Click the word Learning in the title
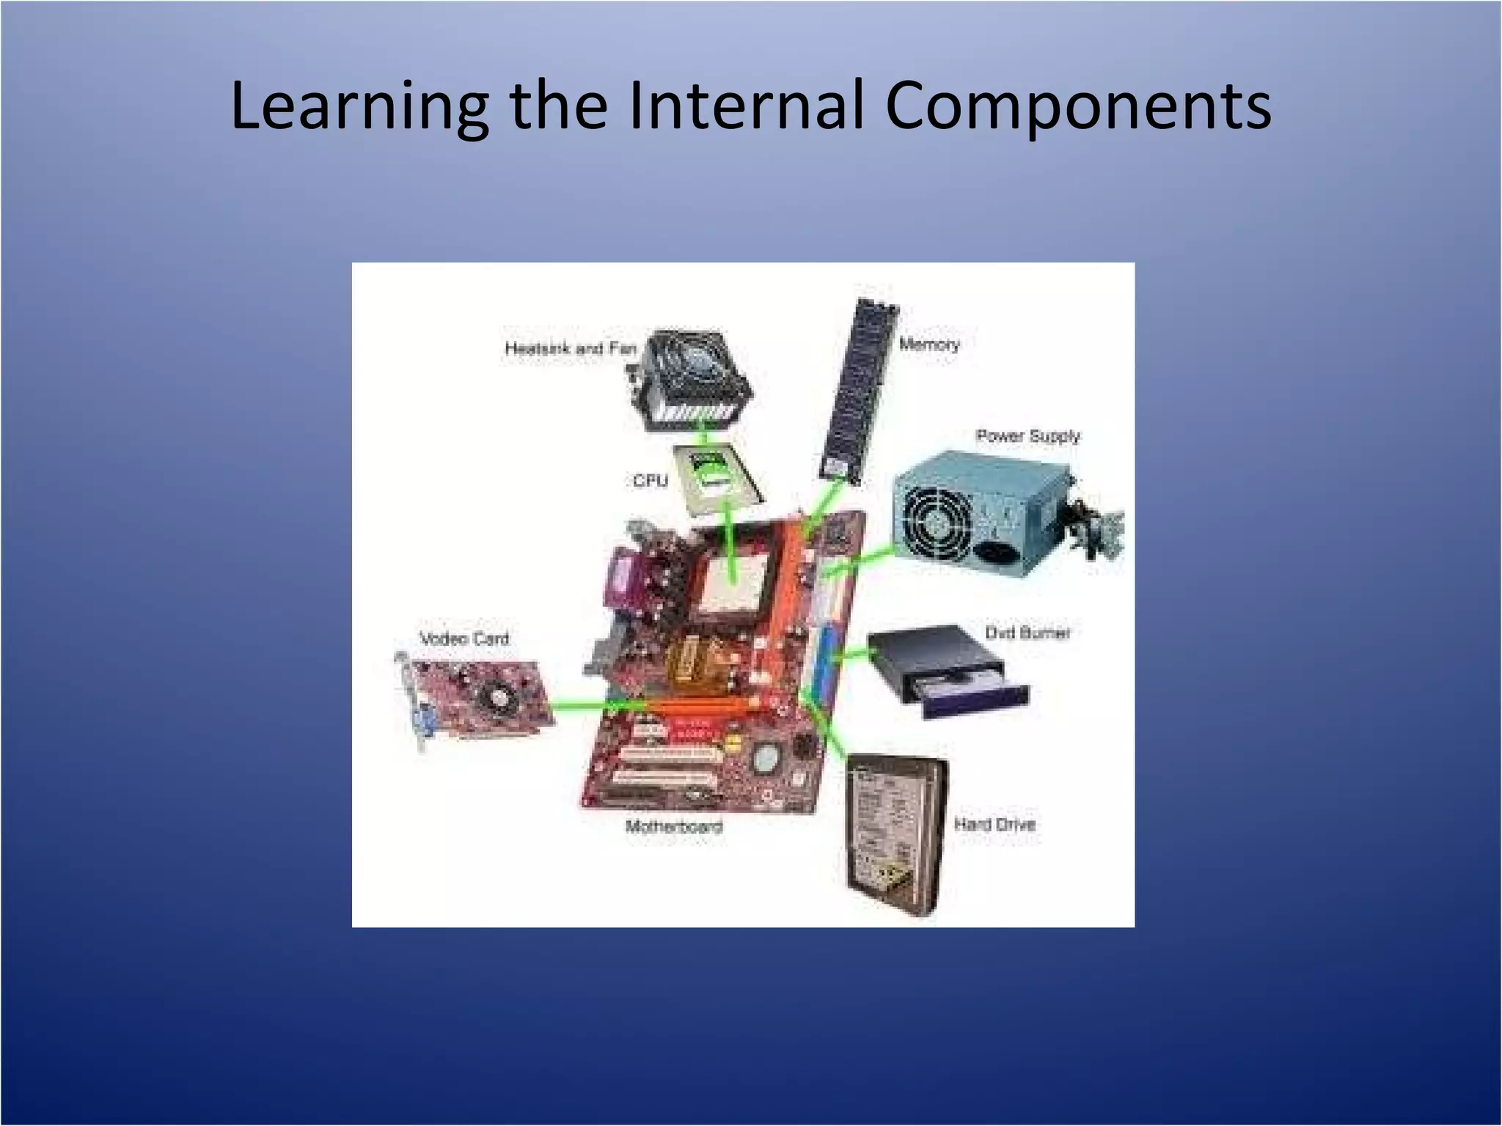click(x=359, y=106)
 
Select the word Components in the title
click(x=1078, y=106)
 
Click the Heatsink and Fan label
click(x=570, y=347)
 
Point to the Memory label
click(x=929, y=344)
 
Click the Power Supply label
click(x=1027, y=435)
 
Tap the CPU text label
click(x=651, y=480)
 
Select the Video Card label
click(x=464, y=638)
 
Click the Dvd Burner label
click(x=1027, y=632)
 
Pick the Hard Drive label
click(x=994, y=824)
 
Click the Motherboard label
click(x=674, y=826)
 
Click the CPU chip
click(x=715, y=476)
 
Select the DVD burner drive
click(x=946, y=671)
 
